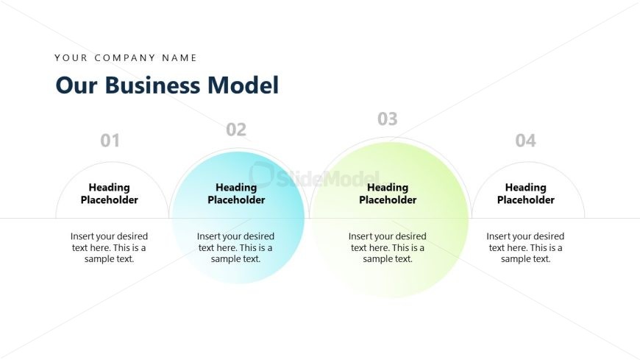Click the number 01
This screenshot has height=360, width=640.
[110, 140]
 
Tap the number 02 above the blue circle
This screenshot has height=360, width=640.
[236, 130]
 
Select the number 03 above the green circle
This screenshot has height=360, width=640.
[388, 119]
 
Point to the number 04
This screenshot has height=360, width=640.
[525, 140]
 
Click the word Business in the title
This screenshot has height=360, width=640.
[153, 85]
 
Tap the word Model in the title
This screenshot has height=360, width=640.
[243, 85]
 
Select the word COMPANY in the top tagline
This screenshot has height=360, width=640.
[121, 57]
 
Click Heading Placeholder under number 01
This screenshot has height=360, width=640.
[110, 194]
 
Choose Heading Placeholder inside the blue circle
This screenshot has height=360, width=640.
[236, 194]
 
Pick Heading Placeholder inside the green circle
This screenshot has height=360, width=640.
[388, 194]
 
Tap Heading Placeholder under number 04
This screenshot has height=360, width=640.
[525, 194]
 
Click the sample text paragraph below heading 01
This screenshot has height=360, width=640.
[110, 247]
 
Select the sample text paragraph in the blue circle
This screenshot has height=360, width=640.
[236, 247]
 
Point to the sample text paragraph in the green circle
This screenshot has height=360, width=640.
[388, 247]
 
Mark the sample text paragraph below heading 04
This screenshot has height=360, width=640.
[525, 247]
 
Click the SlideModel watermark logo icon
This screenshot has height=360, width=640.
[261, 174]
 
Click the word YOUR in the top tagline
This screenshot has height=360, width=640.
[71, 57]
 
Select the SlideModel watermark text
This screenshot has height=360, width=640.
[327, 177]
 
